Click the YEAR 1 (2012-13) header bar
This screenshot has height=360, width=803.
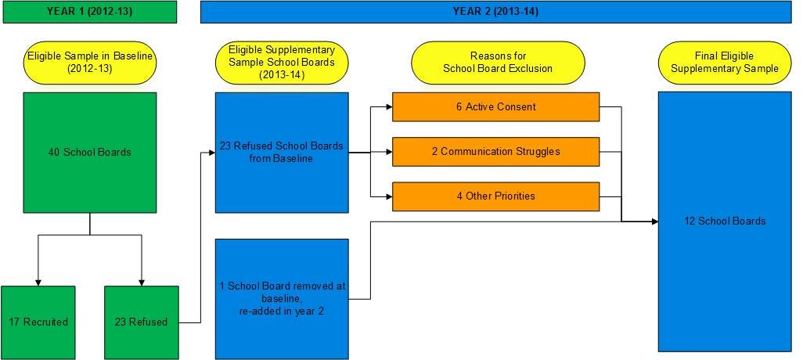tap(88, 11)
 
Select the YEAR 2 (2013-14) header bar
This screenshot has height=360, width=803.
tap(495, 11)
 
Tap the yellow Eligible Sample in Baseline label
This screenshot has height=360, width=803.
tap(90, 62)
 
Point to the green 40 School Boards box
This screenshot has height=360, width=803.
tap(90, 152)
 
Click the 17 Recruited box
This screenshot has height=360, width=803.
tap(38, 322)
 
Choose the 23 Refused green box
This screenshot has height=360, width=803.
tap(142, 322)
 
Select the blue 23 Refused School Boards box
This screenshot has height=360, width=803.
tap(282, 152)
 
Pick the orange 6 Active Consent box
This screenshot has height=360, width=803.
tap(495, 107)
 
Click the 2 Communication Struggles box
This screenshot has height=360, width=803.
tap(495, 152)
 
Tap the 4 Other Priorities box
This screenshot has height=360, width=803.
tap(495, 196)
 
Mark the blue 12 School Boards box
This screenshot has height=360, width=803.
tap(724, 221)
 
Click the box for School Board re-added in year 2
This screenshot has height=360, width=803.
tap(282, 298)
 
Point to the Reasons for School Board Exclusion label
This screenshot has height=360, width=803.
tap(498, 62)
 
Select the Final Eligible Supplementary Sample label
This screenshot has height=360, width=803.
tap(725, 62)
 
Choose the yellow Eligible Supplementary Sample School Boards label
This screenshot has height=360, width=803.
tap(282, 62)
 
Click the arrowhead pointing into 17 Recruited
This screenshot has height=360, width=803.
tap(38, 283)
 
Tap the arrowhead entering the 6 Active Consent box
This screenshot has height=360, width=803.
tap(388, 107)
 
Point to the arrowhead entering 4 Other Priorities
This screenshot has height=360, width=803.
tap(388, 196)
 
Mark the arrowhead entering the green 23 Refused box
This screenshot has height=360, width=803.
tap(142, 283)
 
